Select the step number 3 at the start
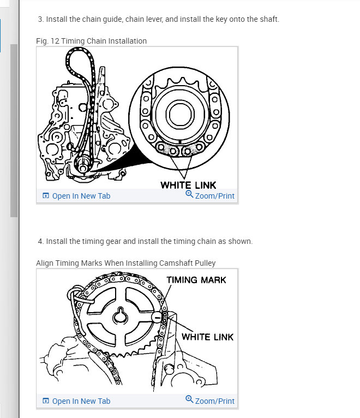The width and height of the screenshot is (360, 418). pos(40,20)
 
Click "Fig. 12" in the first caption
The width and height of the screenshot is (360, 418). pos(47,41)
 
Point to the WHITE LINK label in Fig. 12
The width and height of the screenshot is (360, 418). pos(188,186)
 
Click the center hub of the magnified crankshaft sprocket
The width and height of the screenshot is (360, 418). pos(178,115)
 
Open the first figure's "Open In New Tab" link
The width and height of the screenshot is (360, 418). pos(81,196)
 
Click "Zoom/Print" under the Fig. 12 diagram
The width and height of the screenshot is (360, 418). pos(214,196)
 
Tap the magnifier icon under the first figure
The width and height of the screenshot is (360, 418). pos(189,194)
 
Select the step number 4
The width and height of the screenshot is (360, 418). pos(40,241)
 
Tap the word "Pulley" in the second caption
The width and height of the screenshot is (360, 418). pos(205,263)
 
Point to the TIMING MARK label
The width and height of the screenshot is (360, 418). pos(196,280)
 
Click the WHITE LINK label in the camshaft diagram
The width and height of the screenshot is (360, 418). pos(207,337)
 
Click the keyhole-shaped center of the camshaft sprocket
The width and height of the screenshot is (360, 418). pos(120,317)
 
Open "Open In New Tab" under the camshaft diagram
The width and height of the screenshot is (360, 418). pos(81,401)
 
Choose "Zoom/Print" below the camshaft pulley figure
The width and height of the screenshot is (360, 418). pos(214,401)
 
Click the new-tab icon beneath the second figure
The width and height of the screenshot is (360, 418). pos(46,401)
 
